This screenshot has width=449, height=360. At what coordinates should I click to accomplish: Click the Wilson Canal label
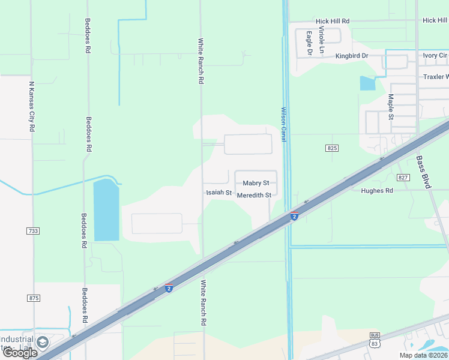[283, 125]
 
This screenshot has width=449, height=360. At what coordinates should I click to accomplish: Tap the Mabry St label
[256, 183]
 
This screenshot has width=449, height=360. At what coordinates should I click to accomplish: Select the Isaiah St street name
[219, 193]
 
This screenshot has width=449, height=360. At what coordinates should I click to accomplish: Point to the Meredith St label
[254, 195]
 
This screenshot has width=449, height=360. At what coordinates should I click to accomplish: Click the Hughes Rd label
[377, 191]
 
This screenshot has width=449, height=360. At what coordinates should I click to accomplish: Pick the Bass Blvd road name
[424, 172]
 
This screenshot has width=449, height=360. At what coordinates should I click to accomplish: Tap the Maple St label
[391, 107]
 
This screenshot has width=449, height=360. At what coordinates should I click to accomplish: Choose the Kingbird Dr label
[352, 56]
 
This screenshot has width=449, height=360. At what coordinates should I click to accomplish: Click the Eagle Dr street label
[309, 43]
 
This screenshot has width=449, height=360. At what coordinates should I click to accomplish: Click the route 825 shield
[333, 148]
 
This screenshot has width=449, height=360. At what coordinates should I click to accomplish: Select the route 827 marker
[403, 177]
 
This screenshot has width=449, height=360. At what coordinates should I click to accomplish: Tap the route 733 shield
[32, 230]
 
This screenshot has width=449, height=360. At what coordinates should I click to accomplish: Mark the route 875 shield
[33, 298]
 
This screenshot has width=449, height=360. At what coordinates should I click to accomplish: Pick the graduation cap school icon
[42, 342]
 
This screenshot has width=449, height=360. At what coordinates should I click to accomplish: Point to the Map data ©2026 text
[423, 355]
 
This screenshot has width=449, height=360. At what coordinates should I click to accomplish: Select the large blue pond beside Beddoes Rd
[106, 211]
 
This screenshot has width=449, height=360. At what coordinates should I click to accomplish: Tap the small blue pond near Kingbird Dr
[367, 83]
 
